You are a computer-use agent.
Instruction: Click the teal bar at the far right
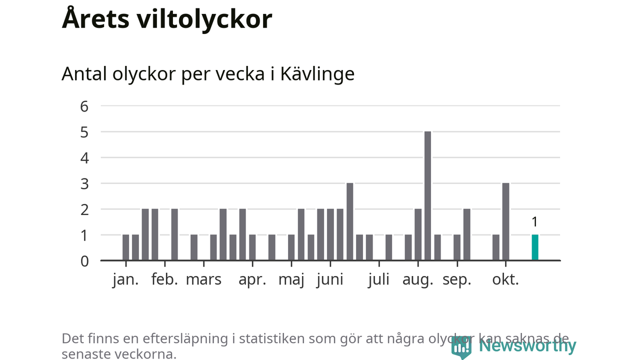coord(535,247)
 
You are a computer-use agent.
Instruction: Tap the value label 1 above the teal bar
coord(534,222)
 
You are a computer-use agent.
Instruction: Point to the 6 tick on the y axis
coord(84,106)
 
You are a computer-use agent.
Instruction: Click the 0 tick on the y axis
coord(84,261)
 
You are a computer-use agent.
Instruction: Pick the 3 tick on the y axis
coord(84,184)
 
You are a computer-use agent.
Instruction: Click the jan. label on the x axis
coord(125,279)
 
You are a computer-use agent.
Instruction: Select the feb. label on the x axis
coord(164,279)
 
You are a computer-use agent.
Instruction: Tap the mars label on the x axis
coord(203,279)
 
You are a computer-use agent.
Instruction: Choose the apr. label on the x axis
coord(252,279)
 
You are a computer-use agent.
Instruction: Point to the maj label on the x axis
coord(291,279)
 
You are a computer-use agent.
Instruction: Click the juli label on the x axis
coord(378,279)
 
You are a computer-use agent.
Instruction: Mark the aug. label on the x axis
coord(417,279)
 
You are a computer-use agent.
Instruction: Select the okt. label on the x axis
coord(505,279)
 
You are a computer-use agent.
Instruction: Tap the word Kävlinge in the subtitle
coord(317,74)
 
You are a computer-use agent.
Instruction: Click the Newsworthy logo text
coord(527,345)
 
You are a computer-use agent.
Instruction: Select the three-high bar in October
coord(505,222)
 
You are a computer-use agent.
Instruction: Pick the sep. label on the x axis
coord(457,279)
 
